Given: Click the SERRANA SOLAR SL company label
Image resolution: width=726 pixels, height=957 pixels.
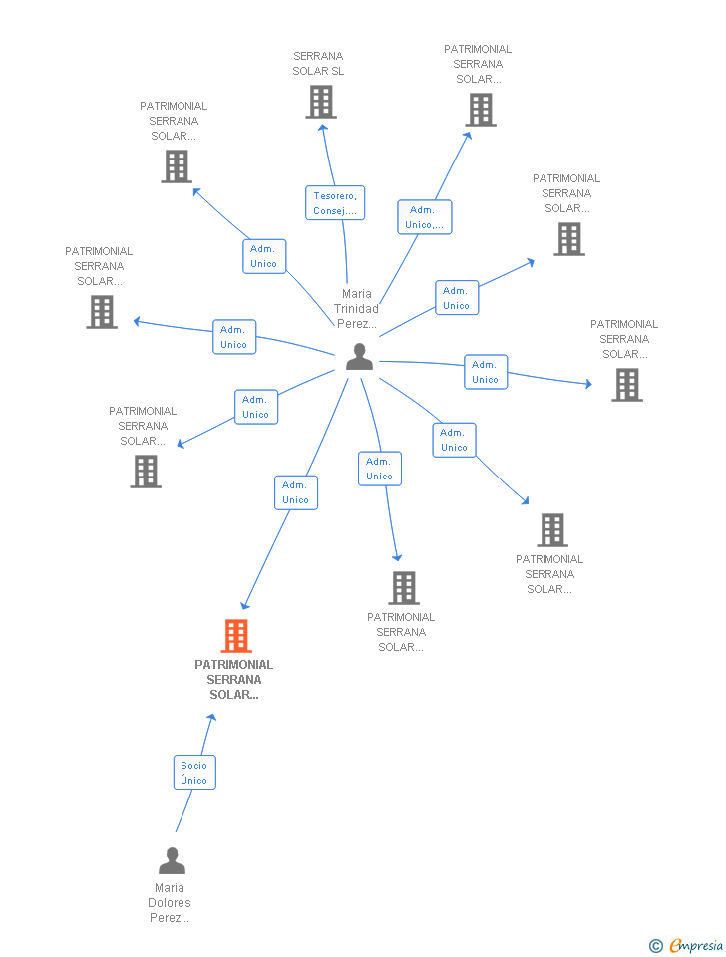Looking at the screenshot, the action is tap(318, 64).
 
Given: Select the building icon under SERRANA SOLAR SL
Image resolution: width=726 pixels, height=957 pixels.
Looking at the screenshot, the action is tap(321, 102).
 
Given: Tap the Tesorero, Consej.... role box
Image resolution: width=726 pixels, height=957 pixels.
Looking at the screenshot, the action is tap(335, 203).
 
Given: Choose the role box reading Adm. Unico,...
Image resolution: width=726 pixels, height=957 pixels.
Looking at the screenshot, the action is tap(425, 217).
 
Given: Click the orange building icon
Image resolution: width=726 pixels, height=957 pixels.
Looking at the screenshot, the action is tap(236, 636).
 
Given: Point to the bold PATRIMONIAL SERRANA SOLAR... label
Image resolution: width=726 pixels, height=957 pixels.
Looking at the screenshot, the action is tap(234, 679).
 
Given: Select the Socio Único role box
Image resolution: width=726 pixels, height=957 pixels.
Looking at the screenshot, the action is tap(194, 772).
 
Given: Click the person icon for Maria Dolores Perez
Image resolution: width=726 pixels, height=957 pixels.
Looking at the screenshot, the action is tap(172, 860).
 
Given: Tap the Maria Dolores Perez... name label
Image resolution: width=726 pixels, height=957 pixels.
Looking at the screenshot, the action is tap(170, 903).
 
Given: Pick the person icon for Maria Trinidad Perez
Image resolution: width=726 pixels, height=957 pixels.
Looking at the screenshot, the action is tap(359, 357).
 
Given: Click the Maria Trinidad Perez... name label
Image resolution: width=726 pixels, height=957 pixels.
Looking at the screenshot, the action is tap(357, 309).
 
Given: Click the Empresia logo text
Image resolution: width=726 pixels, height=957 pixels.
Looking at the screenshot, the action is tap(696, 945).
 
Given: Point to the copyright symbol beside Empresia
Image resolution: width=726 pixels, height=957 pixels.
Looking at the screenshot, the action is tap(656, 946).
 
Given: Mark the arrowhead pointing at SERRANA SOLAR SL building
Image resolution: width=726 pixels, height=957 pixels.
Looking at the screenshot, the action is tap(322, 128).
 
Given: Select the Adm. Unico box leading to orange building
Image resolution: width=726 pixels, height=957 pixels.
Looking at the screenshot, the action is tap(296, 492).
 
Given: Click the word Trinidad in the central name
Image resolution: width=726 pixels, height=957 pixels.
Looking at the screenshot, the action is tap(356, 309).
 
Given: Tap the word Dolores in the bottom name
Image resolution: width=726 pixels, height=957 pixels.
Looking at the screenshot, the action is tap(170, 903).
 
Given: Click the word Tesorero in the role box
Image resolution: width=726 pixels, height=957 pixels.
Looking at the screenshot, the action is tap(335, 196).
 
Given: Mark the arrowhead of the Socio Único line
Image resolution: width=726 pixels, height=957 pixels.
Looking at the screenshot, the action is tap(211, 718).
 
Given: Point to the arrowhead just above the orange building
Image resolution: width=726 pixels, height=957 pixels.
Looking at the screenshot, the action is tap(245, 605).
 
